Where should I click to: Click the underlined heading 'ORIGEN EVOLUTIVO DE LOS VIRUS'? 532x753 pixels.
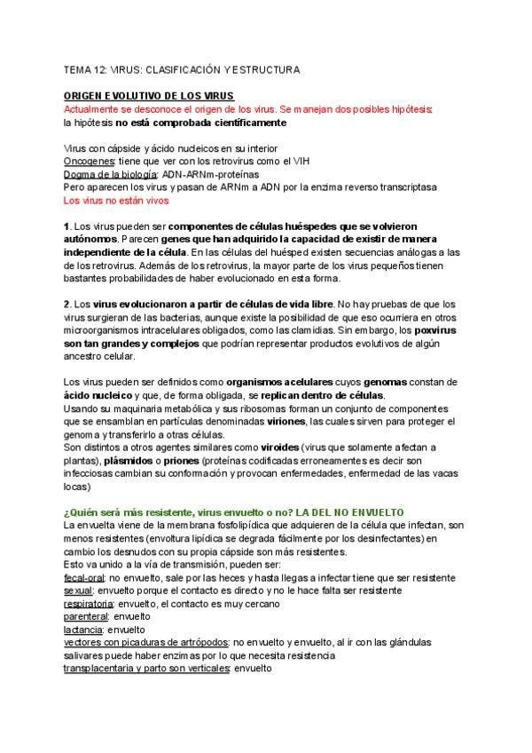148,96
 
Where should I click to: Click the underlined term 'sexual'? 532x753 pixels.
78,591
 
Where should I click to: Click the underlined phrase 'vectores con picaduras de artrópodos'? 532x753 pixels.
145,642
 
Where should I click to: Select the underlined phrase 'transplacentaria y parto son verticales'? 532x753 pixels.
146,668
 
